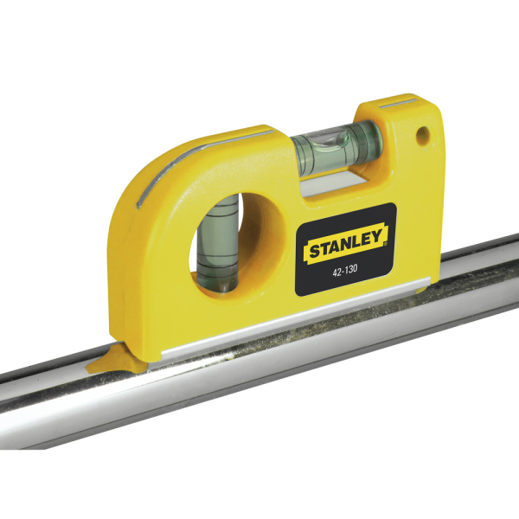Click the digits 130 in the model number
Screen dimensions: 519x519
coord(352,271)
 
